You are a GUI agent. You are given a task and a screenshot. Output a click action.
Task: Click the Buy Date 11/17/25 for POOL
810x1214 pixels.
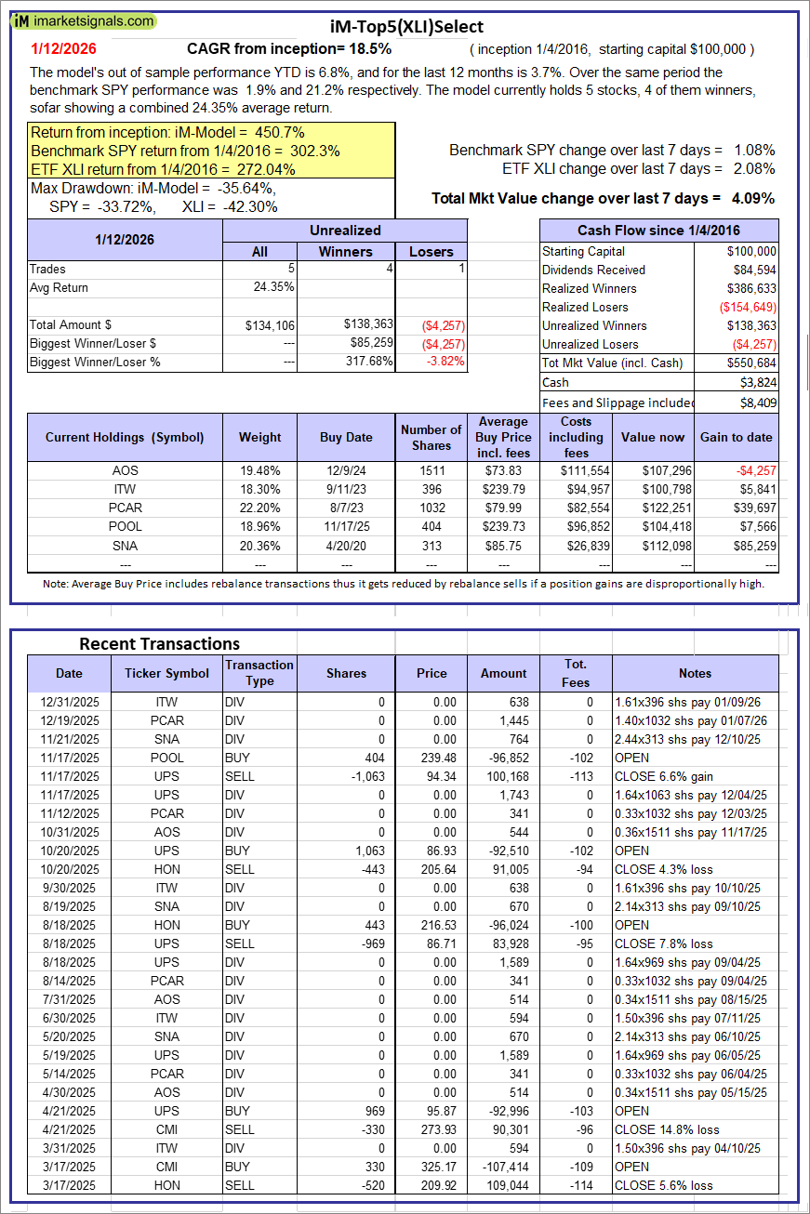(x=346, y=526)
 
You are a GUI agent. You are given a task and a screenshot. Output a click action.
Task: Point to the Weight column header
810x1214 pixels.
(x=259, y=437)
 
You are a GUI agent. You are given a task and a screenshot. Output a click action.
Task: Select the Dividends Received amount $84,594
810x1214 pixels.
(x=752, y=270)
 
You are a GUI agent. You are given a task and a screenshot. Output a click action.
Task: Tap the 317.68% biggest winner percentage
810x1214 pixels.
(x=368, y=362)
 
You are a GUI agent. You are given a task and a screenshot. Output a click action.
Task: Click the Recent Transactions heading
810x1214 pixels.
(x=159, y=643)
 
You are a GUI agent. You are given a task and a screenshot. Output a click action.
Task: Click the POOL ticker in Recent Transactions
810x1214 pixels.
(x=167, y=758)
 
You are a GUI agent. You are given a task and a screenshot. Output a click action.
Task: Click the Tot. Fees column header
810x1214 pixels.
(x=576, y=673)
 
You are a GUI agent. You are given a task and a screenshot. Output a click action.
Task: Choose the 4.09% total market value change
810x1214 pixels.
(x=754, y=198)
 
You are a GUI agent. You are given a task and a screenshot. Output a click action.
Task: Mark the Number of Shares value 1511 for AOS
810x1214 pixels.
(x=432, y=470)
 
